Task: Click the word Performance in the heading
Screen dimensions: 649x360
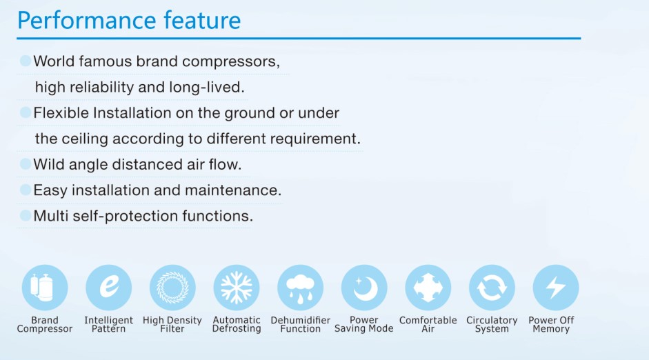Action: pyautogui.click(x=86, y=21)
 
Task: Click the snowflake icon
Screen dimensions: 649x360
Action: pyautogui.click(x=237, y=288)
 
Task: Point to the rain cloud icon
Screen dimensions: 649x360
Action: pyautogui.click(x=301, y=288)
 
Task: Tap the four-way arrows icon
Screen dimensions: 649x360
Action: pyautogui.click(x=428, y=288)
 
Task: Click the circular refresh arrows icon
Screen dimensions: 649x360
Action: pyautogui.click(x=492, y=288)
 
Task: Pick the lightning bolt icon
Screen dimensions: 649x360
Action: pyautogui.click(x=555, y=288)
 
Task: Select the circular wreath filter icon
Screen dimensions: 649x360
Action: pyautogui.click(x=172, y=288)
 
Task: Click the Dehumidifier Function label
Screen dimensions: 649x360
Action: pyautogui.click(x=301, y=324)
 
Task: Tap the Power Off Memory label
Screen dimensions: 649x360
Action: pyautogui.click(x=551, y=324)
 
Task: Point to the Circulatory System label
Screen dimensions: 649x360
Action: pyautogui.click(x=492, y=324)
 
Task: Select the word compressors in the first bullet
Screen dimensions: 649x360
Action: pyautogui.click(x=231, y=62)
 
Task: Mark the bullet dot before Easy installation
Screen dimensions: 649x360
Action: pyautogui.click(x=26, y=190)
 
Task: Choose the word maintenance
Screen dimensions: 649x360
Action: pyautogui.click(x=233, y=190)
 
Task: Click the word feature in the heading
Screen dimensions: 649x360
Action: pyautogui.click(x=202, y=21)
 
